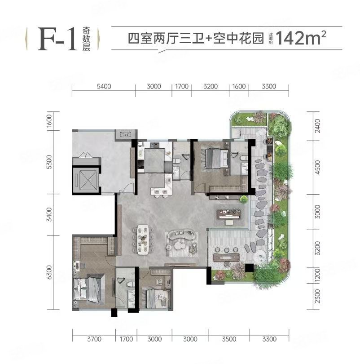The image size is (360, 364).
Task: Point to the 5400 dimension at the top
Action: coord(104,87)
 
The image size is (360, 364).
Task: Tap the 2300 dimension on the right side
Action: coord(317,297)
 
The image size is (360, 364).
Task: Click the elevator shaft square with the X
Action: coord(86,180)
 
